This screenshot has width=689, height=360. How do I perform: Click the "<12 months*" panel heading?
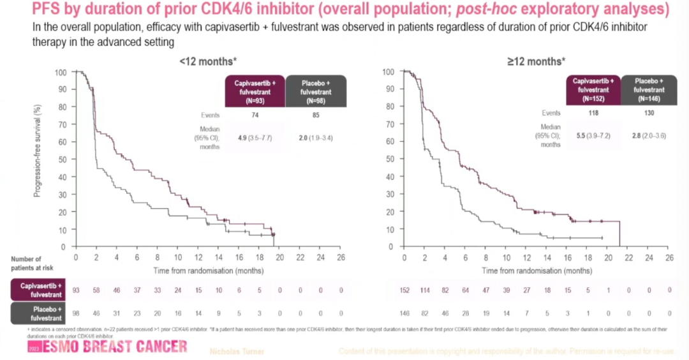(x=208, y=61)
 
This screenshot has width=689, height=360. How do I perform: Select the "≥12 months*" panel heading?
(x=535, y=61)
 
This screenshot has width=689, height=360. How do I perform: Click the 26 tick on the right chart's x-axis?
(x=669, y=257)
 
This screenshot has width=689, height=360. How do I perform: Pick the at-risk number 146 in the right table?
(x=405, y=313)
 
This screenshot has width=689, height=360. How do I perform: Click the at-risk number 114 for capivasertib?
(x=425, y=291)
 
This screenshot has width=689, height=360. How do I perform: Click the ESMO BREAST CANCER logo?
(x=107, y=347)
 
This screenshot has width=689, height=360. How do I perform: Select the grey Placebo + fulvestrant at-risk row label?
(x=32, y=313)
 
